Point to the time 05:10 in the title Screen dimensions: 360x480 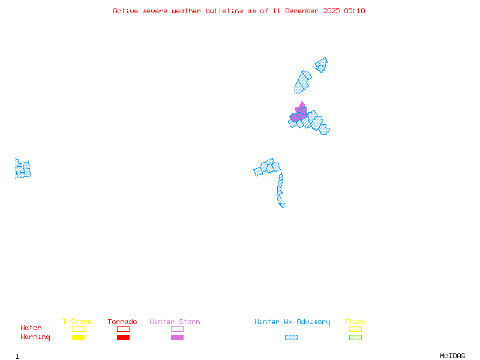355,11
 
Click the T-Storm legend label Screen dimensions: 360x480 77,322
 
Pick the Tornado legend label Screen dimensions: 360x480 122,322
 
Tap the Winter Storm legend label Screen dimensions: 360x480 175,322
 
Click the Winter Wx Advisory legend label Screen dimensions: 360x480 292,322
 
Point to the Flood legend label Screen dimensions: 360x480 355,322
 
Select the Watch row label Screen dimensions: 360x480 31,328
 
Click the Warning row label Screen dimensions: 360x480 35,337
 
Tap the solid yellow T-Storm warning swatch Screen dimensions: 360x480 78,338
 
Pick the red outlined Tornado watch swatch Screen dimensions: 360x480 123,329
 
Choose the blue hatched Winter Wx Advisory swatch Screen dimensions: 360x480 291,338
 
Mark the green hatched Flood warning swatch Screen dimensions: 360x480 355,338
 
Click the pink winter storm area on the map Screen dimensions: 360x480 300,112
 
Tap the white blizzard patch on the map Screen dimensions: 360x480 286,205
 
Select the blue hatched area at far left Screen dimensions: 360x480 23,169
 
